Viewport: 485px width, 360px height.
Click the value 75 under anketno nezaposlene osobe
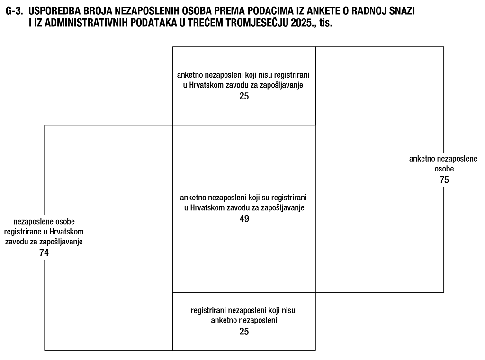[x=444, y=180]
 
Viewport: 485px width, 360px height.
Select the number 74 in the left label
[x=44, y=252]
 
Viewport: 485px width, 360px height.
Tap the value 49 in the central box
[x=244, y=219]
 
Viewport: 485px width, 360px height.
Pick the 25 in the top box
[x=244, y=96]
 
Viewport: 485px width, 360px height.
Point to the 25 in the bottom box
[x=244, y=332]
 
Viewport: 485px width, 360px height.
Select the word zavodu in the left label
[x=16, y=242]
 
